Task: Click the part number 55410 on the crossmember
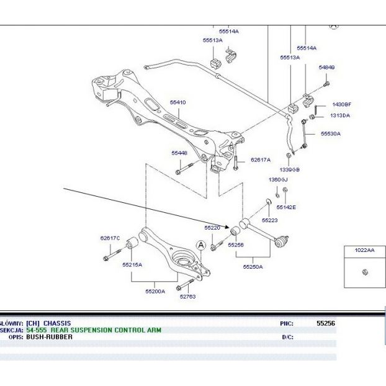(177, 102)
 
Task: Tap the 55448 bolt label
(179, 152)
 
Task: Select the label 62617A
(261, 159)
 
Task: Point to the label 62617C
(110, 238)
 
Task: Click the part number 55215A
(132, 264)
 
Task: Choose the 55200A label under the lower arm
(155, 290)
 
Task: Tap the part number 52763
(187, 296)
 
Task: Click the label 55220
(212, 228)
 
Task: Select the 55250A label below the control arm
(253, 266)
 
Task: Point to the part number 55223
(269, 220)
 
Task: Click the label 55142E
(286, 207)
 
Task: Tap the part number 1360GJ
(278, 179)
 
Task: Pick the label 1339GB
(289, 169)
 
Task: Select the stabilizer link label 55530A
(330, 133)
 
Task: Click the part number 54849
(326, 67)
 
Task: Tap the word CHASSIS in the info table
(57, 323)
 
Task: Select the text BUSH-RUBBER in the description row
(49, 337)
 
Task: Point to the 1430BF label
(341, 104)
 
